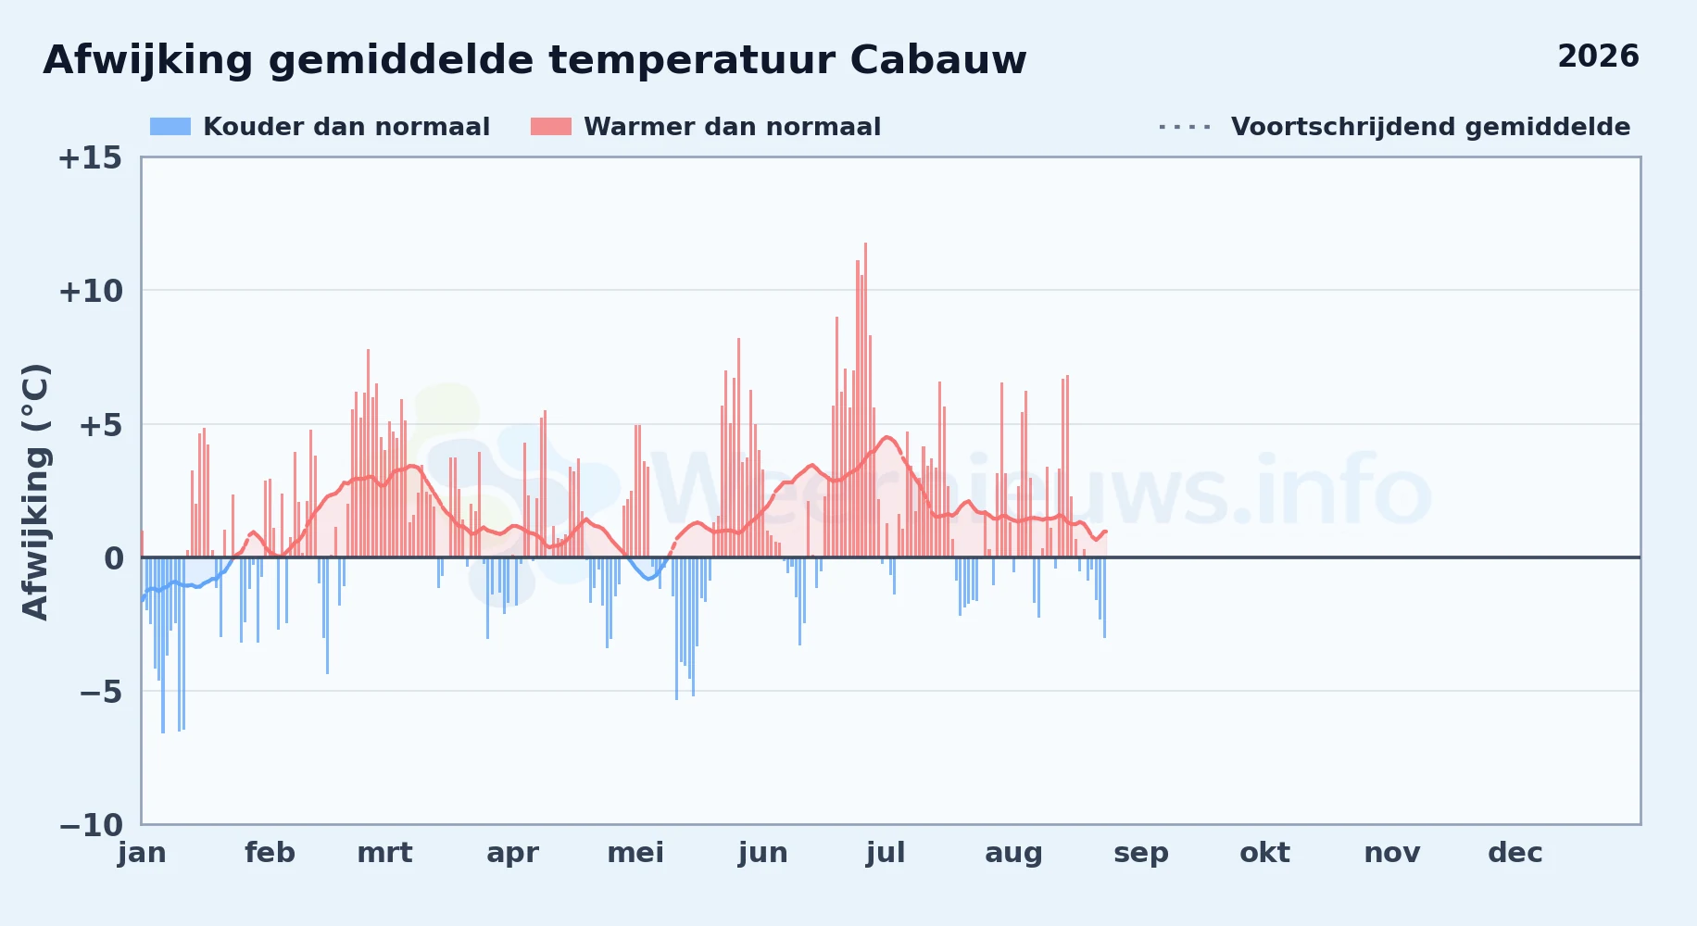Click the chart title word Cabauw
point(937,60)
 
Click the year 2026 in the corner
point(1598,56)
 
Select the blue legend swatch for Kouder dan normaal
point(170,127)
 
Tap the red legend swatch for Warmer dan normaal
point(551,127)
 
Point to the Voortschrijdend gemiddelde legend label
point(1430,127)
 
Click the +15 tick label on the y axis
point(90,158)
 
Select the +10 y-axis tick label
point(90,292)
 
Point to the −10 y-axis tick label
point(91,825)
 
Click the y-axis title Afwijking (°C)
point(35,492)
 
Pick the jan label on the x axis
point(142,853)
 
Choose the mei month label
point(635,853)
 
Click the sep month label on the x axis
point(1141,853)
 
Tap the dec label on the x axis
point(1515,853)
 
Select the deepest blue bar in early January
point(163,645)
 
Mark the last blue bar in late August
point(1104,597)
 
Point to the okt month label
point(1264,853)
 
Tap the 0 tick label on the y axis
point(113,558)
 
